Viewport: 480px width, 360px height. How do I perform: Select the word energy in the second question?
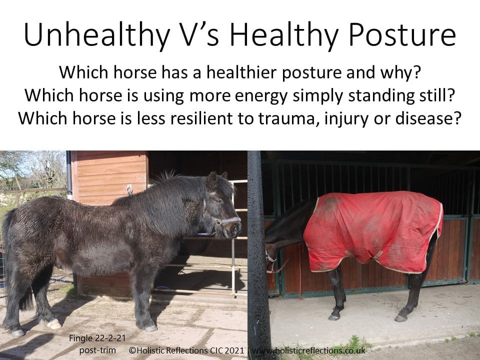(261, 96)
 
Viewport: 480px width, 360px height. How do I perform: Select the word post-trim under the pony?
(97, 350)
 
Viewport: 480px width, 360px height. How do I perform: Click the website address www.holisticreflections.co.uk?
(308, 350)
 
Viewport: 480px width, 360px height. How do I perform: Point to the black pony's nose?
(235, 229)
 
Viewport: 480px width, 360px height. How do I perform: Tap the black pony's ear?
(212, 180)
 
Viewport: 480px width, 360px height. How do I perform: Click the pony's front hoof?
(150, 328)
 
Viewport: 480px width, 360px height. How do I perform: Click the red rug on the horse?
(374, 231)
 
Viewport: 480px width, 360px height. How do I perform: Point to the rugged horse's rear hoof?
(400, 318)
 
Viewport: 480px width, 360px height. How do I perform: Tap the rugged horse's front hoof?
(334, 317)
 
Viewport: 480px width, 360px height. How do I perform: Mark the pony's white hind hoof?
(53, 324)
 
